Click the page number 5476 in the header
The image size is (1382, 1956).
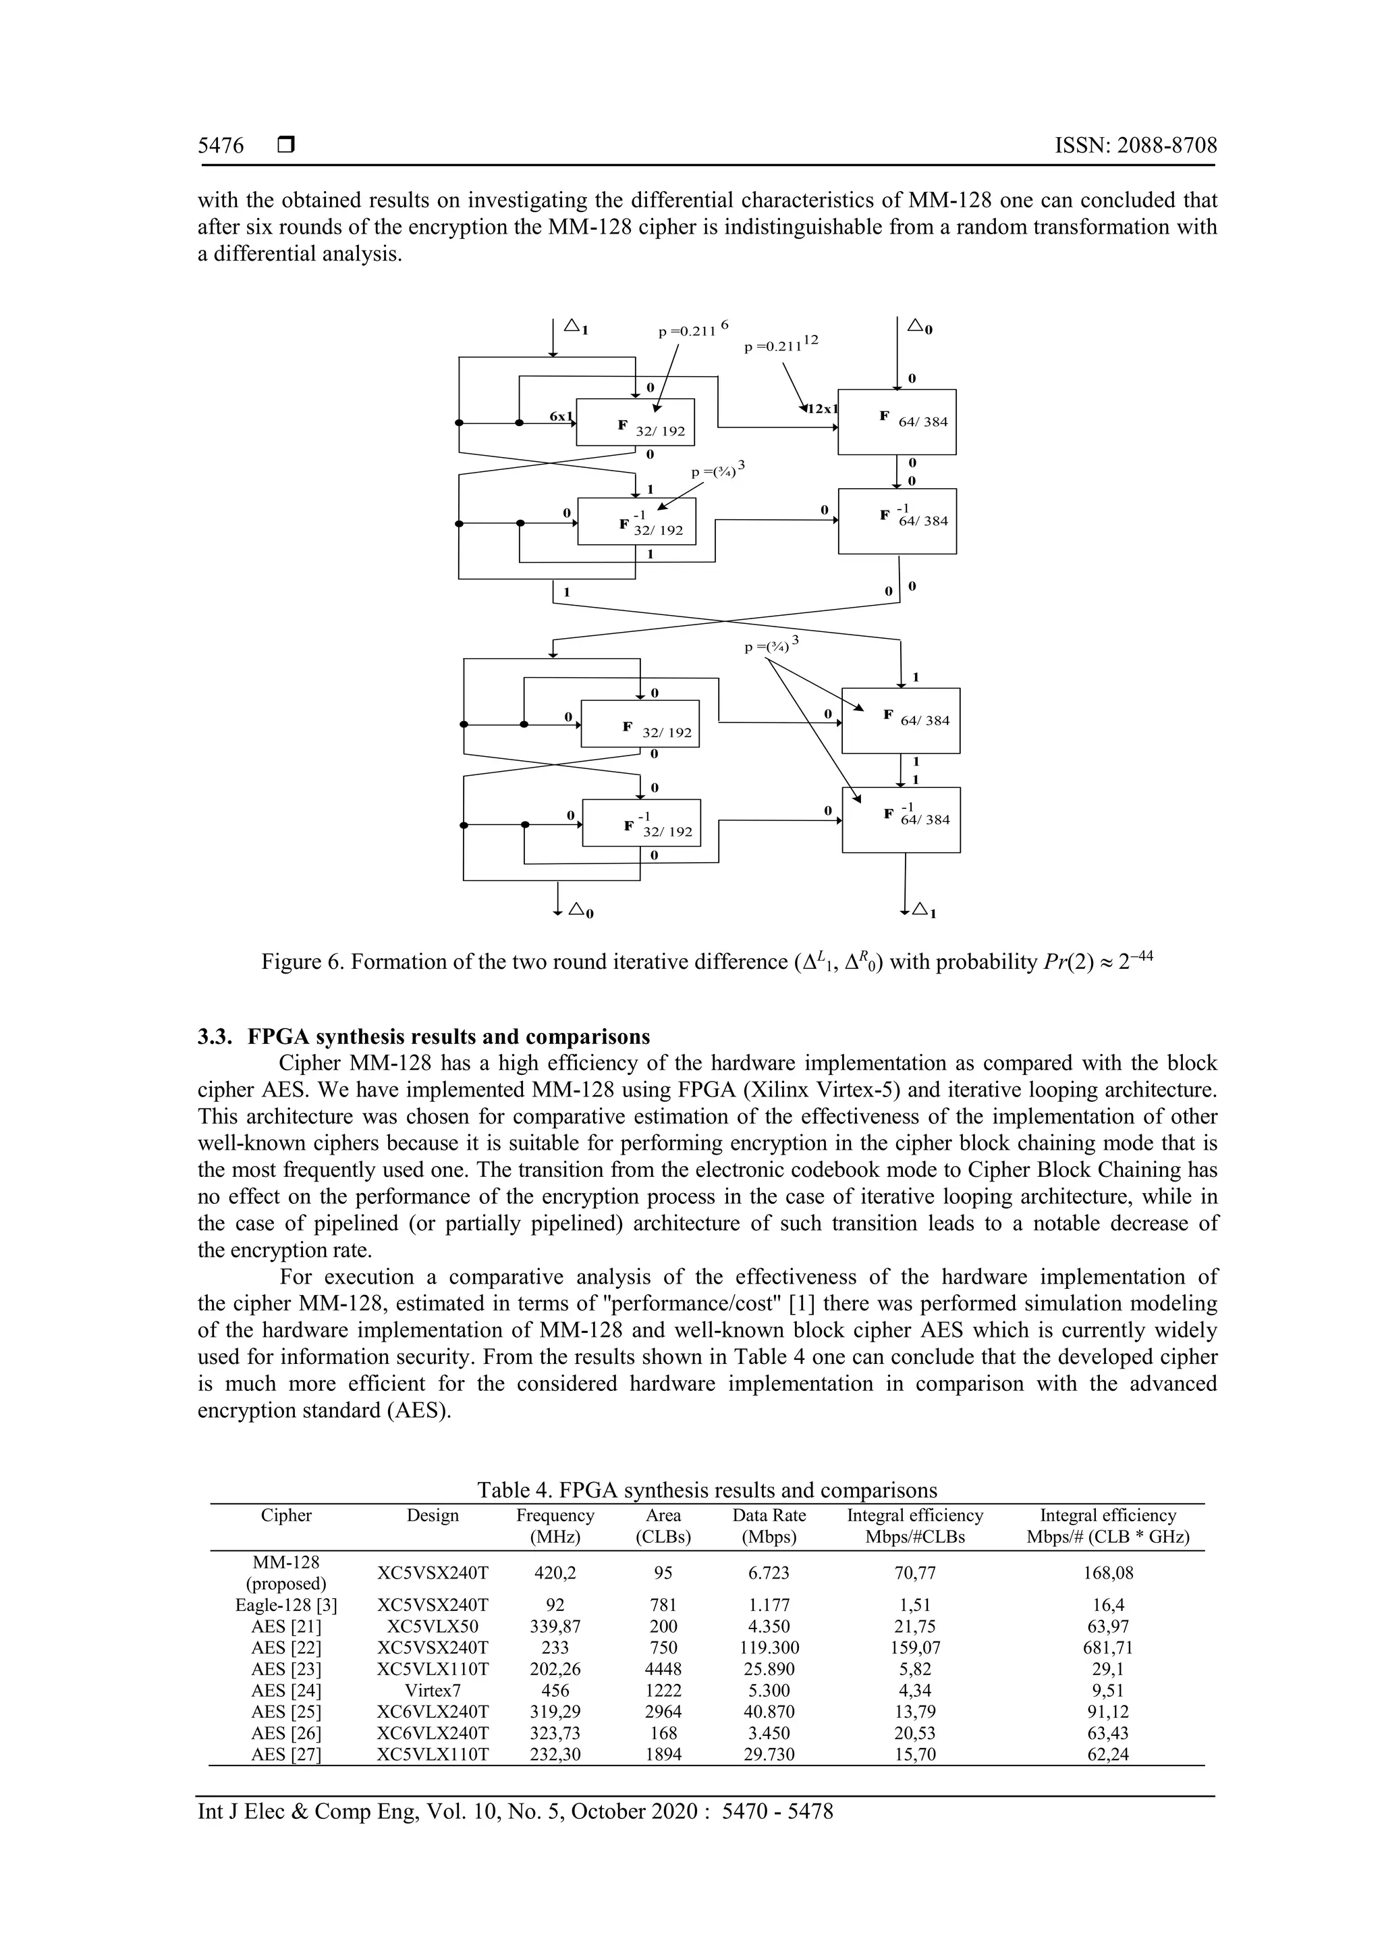221,146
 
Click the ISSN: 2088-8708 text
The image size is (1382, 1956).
1135,146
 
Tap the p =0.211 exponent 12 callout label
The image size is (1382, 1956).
780,344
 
